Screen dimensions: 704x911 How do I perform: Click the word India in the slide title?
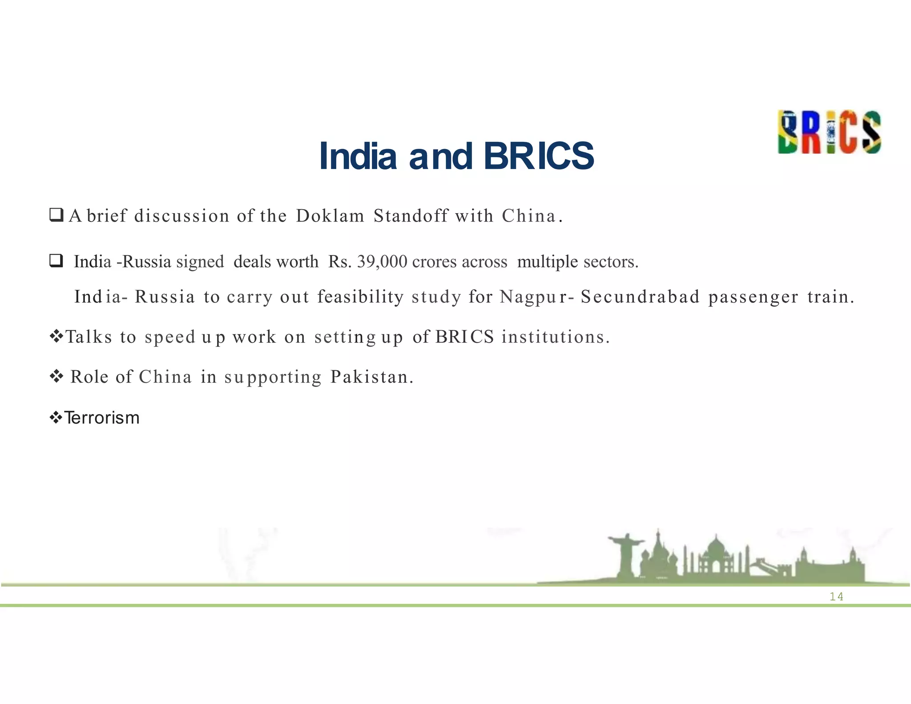click(358, 156)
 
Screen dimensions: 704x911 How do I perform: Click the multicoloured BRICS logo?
click(829, 132)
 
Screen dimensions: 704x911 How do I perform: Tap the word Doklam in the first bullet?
click(330, 216)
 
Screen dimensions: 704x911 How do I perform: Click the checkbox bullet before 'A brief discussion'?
click(56, 215)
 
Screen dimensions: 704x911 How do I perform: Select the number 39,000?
click(382, 262)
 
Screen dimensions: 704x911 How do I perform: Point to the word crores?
click(435, 262)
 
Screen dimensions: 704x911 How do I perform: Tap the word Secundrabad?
click(641, 297)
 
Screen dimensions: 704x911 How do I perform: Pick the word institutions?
click(555, 337)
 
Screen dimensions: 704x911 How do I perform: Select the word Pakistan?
click(372, 377)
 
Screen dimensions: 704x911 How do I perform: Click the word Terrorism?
click(102, 418)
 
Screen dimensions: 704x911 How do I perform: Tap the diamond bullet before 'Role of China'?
click(56, 377)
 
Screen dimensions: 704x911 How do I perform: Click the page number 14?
click(836, 597)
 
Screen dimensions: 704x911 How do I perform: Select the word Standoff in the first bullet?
click(411, 216)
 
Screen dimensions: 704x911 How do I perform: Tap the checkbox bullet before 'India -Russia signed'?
click(56, 261)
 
